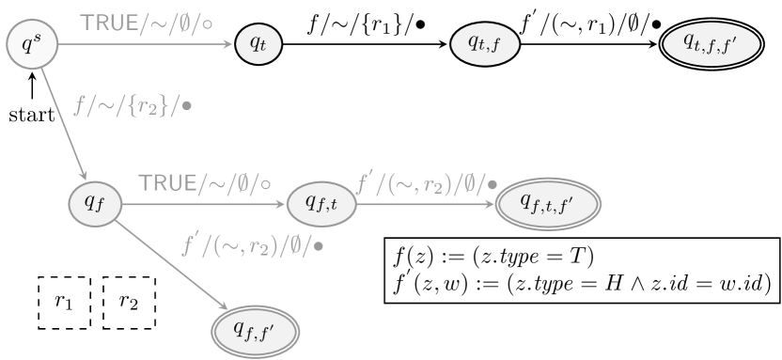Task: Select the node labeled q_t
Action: click(258, 43)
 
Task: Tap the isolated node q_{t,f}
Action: click(485, 43)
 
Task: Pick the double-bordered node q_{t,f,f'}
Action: click(711, 43)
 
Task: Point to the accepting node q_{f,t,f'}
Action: click(547, 202)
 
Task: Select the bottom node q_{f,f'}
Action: click(254, 329)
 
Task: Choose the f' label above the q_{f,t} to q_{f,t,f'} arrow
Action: click(367, 180)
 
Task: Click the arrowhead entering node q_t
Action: click(229, 43)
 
